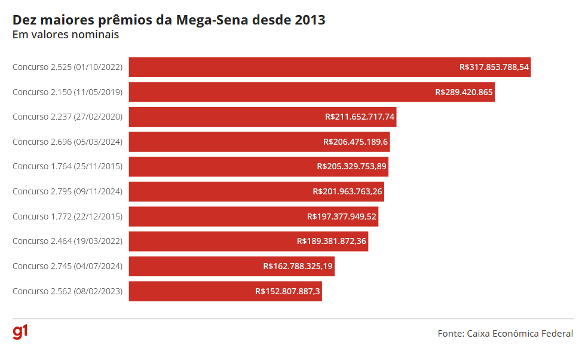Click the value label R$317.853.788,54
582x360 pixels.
494,67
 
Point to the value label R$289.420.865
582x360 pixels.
464,92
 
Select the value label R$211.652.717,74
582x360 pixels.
360,117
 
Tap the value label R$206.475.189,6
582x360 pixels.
356,142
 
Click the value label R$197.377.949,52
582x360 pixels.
342,216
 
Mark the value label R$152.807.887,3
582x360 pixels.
287,291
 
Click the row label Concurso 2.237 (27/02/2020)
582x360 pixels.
68,117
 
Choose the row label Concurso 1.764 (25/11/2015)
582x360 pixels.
68,167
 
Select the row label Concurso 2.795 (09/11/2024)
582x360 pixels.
68,191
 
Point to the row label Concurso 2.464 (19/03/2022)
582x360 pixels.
68,242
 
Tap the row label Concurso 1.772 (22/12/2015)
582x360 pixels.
68,216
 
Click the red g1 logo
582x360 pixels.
20,332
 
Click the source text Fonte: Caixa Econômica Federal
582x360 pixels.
505,334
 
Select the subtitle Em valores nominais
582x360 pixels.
66,35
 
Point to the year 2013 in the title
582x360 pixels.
310,19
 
